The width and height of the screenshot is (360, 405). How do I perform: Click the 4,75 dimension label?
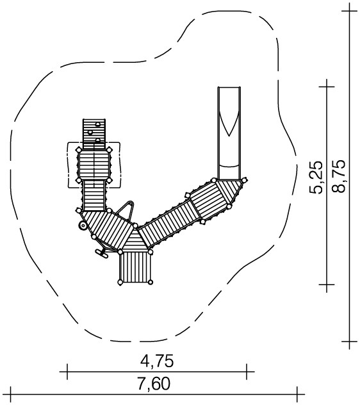[x=157, y=361]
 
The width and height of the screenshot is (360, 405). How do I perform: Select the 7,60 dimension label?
[x=154, y=384]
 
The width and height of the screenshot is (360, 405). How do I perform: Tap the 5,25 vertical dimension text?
[x=316, y=177]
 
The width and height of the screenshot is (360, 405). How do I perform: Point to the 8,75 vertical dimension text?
[x=339, y=176]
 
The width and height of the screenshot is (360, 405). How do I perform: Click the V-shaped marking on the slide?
[x=229, y=124]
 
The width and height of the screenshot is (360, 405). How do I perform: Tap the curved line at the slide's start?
[x=229, y=166]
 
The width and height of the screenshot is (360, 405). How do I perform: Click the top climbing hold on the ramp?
[x=97, y=124]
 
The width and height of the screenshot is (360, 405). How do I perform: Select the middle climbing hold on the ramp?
[x=90, y=133]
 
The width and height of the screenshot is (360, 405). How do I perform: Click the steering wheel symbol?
[x=83, y=226]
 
